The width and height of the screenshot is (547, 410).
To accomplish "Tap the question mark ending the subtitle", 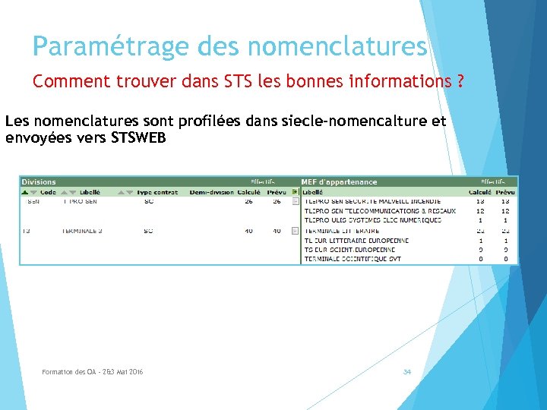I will click(460, 81).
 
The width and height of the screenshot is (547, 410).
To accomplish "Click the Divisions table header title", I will click(39, 182).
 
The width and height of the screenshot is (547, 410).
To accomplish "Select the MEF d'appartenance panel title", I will click(339, 182).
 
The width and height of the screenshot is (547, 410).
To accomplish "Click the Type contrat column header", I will click(157, 192).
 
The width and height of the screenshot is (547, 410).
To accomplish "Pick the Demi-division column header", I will click(212, 192).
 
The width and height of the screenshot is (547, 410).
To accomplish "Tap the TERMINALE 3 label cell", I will click(82, 231).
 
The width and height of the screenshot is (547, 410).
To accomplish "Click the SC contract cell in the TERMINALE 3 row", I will click(148, 231).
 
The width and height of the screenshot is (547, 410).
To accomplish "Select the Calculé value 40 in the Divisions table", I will click(249, 231).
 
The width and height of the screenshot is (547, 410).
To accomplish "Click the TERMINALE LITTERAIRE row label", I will click(341, 231).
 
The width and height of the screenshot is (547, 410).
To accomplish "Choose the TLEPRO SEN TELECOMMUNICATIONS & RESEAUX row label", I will click(380, 211).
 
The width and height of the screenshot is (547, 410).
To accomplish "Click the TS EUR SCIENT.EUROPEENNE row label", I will click(349, 250).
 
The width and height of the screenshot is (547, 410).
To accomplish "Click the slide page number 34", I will click(407, 372).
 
